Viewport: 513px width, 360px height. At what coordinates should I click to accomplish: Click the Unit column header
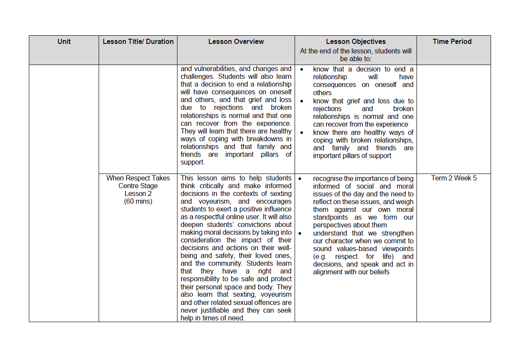pyautogui.click(x=64, y=42)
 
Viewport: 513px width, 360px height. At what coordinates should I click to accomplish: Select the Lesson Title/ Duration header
pyautogui.click(x=138, y=42)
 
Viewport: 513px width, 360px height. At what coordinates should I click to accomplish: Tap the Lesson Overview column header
pyautogui.click(x=236, y=42)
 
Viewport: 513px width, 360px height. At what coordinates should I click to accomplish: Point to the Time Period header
pyautogui.click(x=452, y=42)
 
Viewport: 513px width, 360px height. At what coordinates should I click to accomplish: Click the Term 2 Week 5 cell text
pyautogui.click(x=454, y=178)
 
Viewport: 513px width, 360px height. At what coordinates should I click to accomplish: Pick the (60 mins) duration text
pyautogui.click(x=138, y=202)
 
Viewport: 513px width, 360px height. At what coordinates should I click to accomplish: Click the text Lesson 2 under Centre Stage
pyautogui.click(x=138, y=194)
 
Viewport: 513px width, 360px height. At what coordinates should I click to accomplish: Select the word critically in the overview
pyautogui.click(x=212, y=186)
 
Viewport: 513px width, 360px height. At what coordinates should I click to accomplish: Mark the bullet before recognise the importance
pyautogui.click(x=300, y=178)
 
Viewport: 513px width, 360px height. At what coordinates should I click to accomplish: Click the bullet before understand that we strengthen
pyautogui.click(x=300, y=233)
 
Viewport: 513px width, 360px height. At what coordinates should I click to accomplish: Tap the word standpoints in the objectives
pyautogui.click(x=332, y=217)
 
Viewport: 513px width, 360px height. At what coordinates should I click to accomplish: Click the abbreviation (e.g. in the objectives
pyautogui.click(x=320, y=257)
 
